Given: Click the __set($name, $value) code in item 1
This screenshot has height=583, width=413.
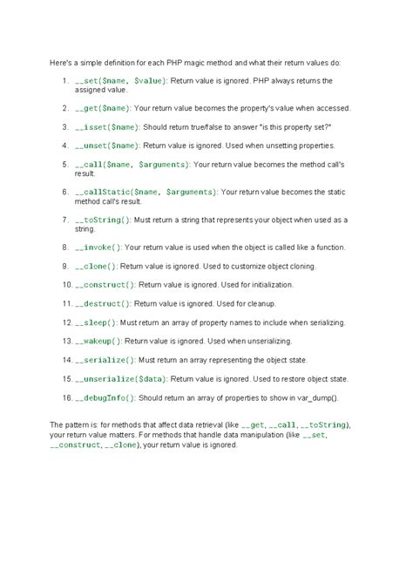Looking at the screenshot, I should (121, 80).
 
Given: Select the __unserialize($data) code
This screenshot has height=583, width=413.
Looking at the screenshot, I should (121, 378).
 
